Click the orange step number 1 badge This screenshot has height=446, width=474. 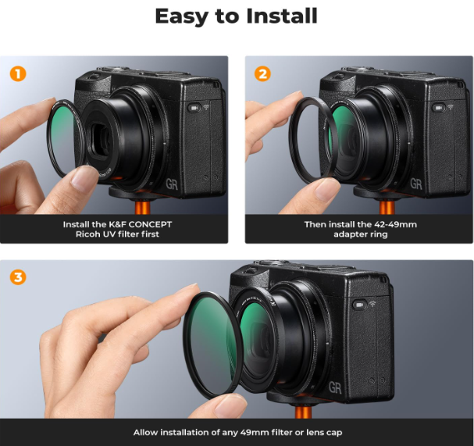(18, 73)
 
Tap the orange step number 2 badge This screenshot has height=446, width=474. (262, 73)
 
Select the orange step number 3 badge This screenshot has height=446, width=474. (18, 277)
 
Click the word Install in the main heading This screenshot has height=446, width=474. (282, 16)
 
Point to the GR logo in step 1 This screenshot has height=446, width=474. (172, 184)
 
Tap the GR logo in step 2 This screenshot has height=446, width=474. (416, 184)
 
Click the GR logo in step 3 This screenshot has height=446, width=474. (335, 387)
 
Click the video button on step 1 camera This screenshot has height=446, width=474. (194, 108)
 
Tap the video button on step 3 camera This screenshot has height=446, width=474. (360, 305)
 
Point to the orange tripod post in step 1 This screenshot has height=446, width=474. (142, 207)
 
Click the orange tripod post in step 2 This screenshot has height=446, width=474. (387, 207)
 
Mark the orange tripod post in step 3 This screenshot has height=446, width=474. (303, 412)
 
